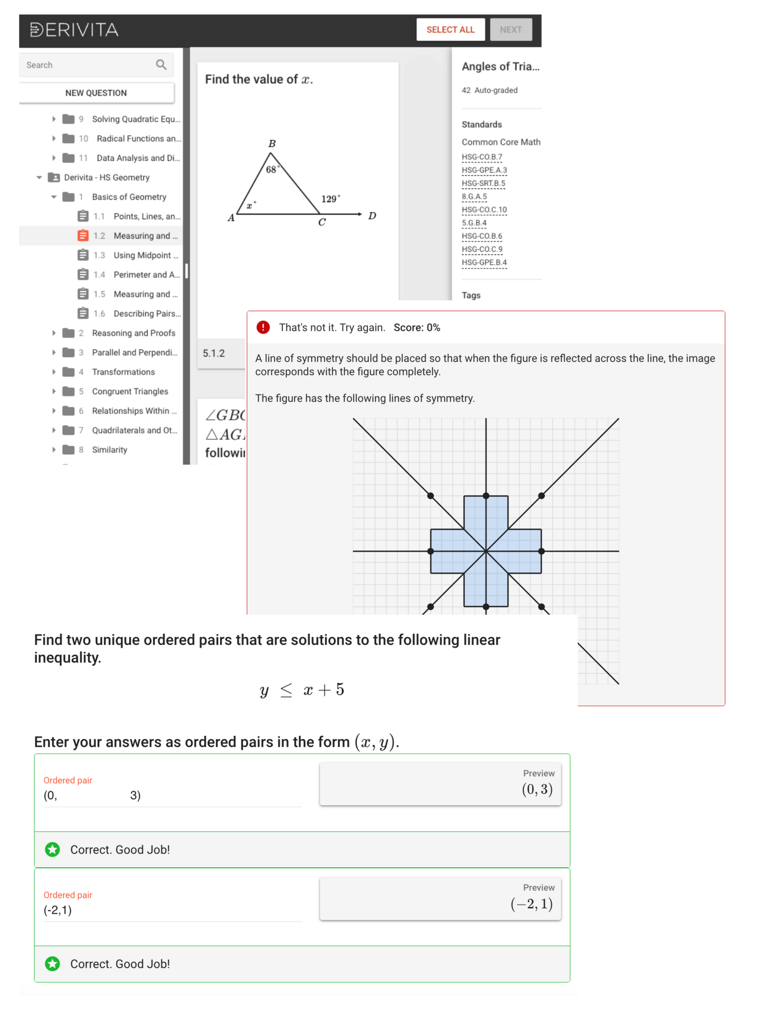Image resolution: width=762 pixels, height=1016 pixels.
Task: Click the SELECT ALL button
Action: coord(450,30)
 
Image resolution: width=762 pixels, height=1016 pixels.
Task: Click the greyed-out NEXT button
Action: coord(510,30)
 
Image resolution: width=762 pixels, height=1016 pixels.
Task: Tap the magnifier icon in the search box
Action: coord(161,65)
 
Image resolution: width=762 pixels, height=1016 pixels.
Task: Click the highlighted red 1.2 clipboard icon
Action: coord(83,236)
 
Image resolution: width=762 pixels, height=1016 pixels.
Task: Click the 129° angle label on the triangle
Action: coord(330,199)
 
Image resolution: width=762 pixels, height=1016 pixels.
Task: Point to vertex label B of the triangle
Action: coord(272,144)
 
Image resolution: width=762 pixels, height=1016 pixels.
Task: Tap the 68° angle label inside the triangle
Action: coord(272,169)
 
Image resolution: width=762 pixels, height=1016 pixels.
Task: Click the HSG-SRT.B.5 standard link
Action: coord(483,183)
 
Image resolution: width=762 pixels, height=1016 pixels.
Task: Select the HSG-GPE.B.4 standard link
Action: coord(484,262)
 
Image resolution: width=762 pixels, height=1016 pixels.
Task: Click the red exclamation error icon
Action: coord(263,327)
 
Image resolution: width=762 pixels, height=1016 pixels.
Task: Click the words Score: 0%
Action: coord(417,327)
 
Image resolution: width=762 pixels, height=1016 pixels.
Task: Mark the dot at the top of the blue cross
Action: coord(486,496)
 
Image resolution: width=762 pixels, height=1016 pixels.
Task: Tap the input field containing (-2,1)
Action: coord(172,910)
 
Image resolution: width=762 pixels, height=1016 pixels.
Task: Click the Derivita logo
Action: coord(74,30)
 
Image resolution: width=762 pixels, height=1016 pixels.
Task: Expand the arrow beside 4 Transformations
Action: coord(54,372)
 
